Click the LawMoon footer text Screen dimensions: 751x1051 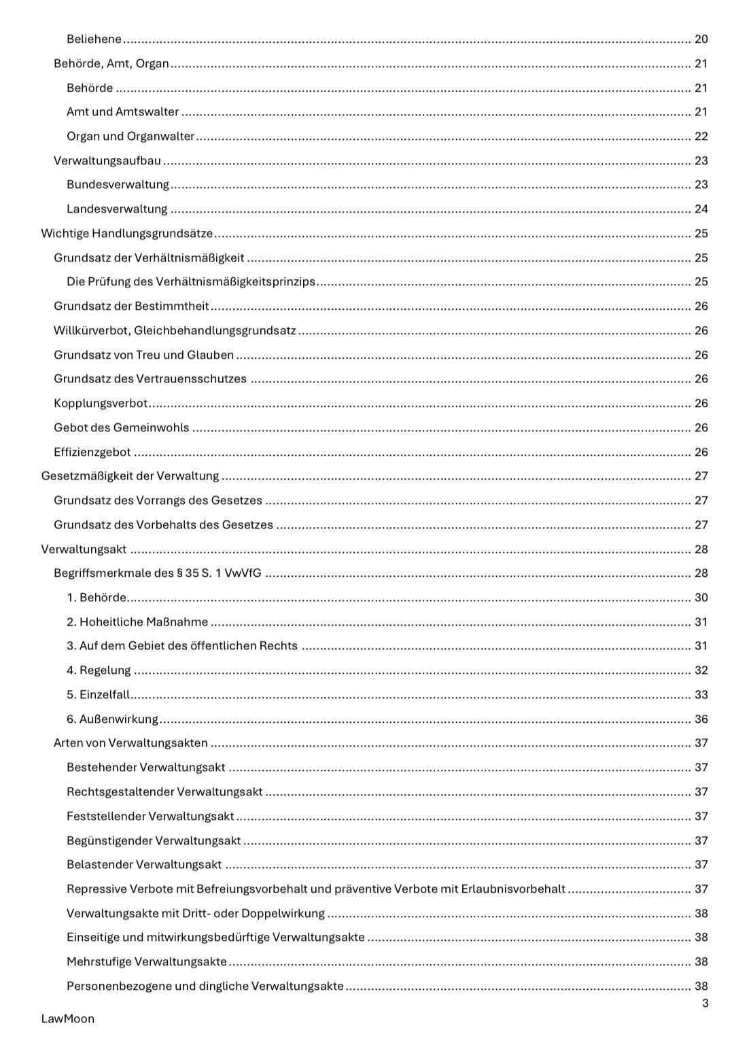point(67,1018)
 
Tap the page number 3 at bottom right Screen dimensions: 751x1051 point(705,1003)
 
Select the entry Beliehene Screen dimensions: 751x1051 point(94,39)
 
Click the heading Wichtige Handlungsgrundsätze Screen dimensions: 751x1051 point(127,234)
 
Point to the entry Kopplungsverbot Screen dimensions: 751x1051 point(101,404)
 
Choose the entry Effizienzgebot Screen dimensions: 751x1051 point(92,452)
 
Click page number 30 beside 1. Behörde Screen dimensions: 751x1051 point(701,598)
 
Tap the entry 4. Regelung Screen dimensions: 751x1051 point(99,671)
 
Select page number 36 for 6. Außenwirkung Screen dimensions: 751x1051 point(701,719)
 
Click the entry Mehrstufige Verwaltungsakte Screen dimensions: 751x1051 point(147,962)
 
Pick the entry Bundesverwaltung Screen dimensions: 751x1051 point(118,185)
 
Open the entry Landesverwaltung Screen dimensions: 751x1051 point(117,209)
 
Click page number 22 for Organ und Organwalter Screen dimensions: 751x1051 point(701,137)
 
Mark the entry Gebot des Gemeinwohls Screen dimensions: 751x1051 point(122,428)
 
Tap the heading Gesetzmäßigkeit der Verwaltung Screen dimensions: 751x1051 point(130,476)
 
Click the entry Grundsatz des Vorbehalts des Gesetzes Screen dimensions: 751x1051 point(163,525)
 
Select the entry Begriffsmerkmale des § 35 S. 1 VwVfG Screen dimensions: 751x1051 point(158,573)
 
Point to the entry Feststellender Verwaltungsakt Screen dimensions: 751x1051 point(150,817)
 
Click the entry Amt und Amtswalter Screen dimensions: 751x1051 point(122,112)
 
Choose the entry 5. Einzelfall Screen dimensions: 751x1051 point(98,695)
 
